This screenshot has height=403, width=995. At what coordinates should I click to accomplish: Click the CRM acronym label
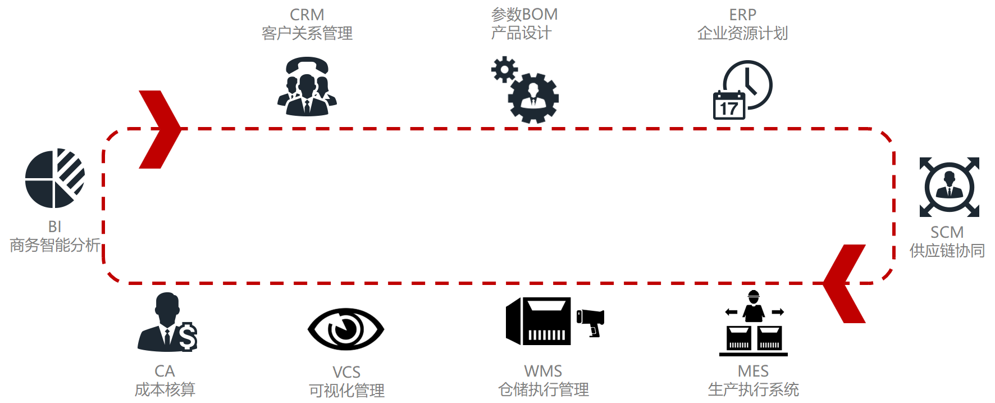click(307, 15)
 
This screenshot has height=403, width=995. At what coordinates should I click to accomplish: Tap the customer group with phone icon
click(307, 87)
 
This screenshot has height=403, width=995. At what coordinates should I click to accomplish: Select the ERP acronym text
click(742, 15)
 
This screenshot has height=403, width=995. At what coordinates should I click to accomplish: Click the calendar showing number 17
click(729, 106)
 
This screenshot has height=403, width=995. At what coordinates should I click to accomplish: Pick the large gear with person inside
click(533, 98)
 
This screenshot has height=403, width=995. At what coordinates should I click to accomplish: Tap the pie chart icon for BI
click(54, 178)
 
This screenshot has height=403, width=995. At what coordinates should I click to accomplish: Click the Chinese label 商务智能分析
click(55, 245)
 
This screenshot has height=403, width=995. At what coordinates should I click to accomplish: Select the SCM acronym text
click(947, 232)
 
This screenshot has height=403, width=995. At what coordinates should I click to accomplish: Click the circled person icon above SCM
click(949, 187)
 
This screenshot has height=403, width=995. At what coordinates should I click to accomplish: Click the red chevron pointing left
click(845, 283)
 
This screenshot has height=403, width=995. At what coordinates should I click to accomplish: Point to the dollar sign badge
click(188, 337)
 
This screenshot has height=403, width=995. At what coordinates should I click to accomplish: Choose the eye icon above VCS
click(346, 329)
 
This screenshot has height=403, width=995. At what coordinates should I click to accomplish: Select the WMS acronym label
click(543, 371)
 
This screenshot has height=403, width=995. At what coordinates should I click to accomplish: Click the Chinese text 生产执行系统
click(753, 390)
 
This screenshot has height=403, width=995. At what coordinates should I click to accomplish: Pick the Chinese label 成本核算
click(165, 390)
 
